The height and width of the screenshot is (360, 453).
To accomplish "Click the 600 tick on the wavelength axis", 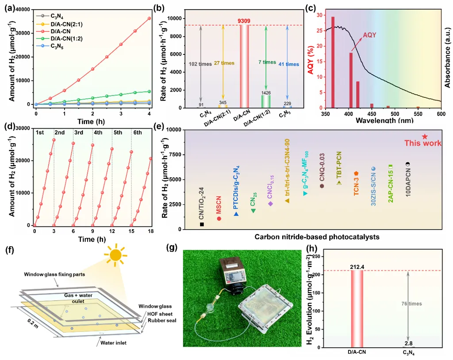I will pos(441,114).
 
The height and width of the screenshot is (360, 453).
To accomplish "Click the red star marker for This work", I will pos(425,137).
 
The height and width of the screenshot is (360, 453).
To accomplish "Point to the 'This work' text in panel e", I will pos(423,143).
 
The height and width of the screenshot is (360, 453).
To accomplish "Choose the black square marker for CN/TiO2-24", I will pos(202,224).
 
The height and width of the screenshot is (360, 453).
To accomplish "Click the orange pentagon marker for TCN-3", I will pos(356,174).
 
